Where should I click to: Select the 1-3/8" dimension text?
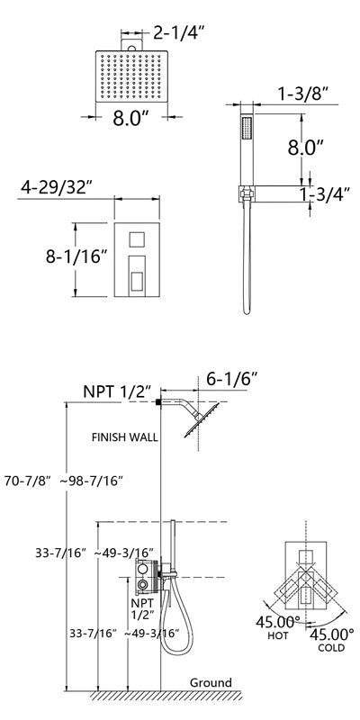[303, 94]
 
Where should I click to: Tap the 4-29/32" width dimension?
[57, 187]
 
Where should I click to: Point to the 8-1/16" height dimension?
[76, 256]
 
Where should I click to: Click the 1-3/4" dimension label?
[325, 193]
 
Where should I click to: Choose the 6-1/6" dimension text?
[232, 379]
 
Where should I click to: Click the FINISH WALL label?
[125, 437]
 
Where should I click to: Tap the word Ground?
[211, 683]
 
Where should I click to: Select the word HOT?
[278, 636]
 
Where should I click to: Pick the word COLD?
[331, 648]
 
